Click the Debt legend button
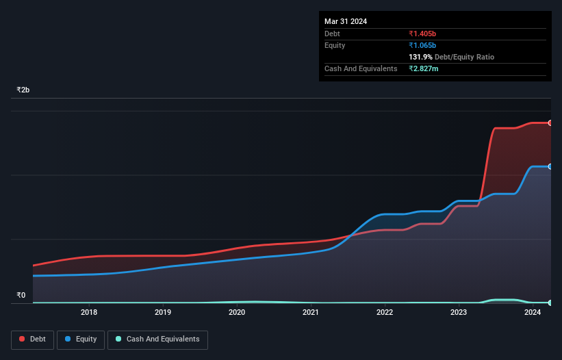[x=32, y=339]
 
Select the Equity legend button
[x=81, y=339]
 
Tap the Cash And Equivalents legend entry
[x=157, y=339]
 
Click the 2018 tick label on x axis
[x=89, y=313]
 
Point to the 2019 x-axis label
[x=163, y=313]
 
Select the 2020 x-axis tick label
[x=237, y=313]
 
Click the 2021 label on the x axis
[x=311, y=313]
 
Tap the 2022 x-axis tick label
[x=385, y=313]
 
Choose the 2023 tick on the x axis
[x=459, y=313]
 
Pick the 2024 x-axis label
[x=533, y=313]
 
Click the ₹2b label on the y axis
[x=23, y=90]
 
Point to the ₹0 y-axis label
[x=21, y=296]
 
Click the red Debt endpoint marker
[x=550, y=123]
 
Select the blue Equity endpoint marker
[x=550, y=166]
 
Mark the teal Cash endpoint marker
[x=550, y=303]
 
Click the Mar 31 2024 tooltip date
[x=346, y=21]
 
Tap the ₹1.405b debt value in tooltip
[x=422, y=34]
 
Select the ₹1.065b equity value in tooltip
[x=422, y=45]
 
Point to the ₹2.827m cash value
[x=424, y=69]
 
